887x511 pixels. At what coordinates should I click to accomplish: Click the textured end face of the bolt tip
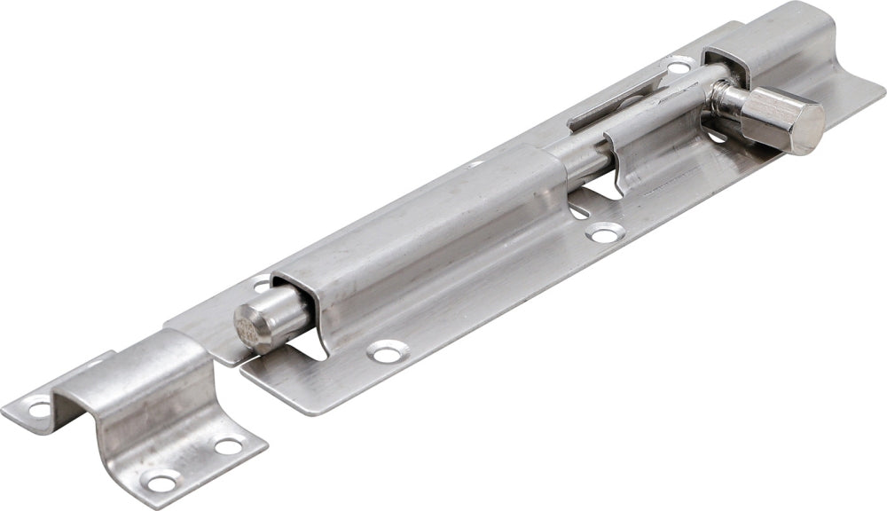pos(251,324)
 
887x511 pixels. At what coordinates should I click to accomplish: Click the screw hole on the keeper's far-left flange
pos(40,409)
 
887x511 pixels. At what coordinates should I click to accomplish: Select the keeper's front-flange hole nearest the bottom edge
pos(161,482)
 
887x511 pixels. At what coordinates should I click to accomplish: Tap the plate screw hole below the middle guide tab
pos(606,233)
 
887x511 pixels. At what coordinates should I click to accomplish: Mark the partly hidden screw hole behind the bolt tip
pos(260,286)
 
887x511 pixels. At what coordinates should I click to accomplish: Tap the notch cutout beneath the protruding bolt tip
pos(306,350)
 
